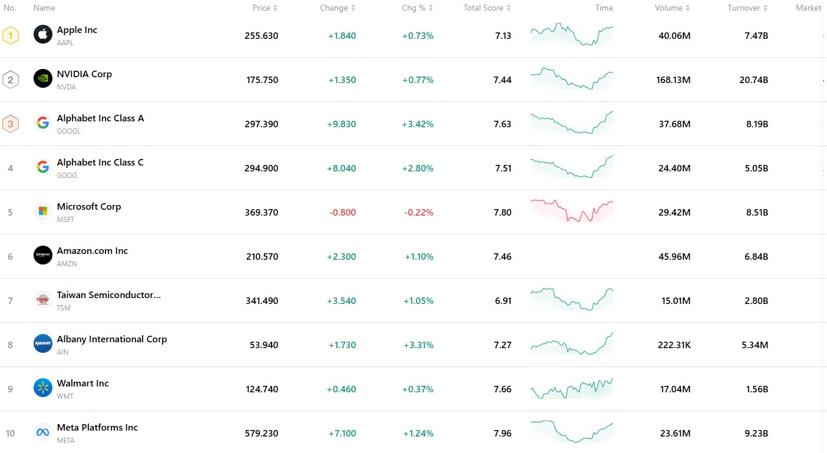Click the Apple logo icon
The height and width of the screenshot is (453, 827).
pyautogui.click(x=43, y=35)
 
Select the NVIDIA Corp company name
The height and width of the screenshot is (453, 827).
pyautogui.click(x=84, y=74)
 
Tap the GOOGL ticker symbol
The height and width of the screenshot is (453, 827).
pyautogui.click(x=69, y=131)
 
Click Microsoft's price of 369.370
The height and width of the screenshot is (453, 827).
pyautogui.click(x=262, y=212)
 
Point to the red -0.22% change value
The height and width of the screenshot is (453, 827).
pyautogui.click(x=419, y=212)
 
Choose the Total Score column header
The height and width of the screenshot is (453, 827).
pyautogui.click(x=484, y=8)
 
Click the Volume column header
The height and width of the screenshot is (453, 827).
pyautogui.click(x=669, y=8)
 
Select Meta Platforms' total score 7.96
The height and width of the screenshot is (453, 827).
pyautogui.click(x=503, y=433)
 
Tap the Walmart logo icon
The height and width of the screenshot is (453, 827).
pyautogui.click(x=43, y=388)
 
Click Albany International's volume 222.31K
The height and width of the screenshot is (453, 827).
pyautogui.click(x=674, y=345)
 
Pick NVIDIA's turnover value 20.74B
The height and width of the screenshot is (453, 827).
pyautogui.click(x=754, y=80)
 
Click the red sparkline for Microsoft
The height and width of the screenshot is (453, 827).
pyautogui.click(x=571, y=211)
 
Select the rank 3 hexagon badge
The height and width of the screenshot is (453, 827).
pyautogui.click(x=11, y=124)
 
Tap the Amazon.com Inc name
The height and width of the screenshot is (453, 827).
pyautogui.click(x=92, y=251)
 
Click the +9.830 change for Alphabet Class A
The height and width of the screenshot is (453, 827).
pyautogui.click(x=342, y=124)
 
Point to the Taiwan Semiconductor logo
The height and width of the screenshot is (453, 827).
pyautogui.click(x=43, y=300)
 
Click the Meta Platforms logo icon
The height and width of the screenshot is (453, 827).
pyautogui.click(x=43, y=432)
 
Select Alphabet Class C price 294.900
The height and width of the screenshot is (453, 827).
pyautogui.click(x=262, y=168)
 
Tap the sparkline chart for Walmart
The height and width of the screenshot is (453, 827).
pyautogui.click(x=571, y=389)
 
